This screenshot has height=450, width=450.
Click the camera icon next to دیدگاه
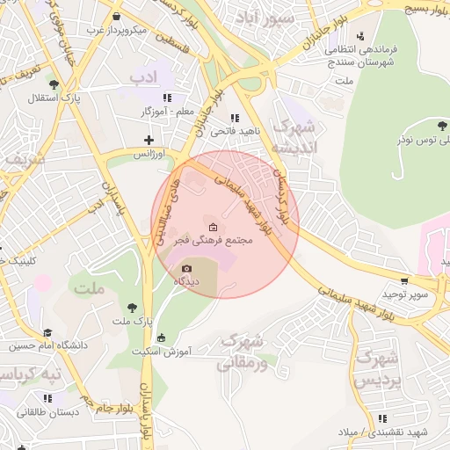(186, 269)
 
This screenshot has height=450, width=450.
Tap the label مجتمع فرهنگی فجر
(216, 241)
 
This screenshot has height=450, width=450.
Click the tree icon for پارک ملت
(132, 308)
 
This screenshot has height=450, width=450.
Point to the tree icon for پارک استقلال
(54, 84)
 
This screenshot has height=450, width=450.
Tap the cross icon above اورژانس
(149, 140)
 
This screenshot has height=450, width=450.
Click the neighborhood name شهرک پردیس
(378, 369)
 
